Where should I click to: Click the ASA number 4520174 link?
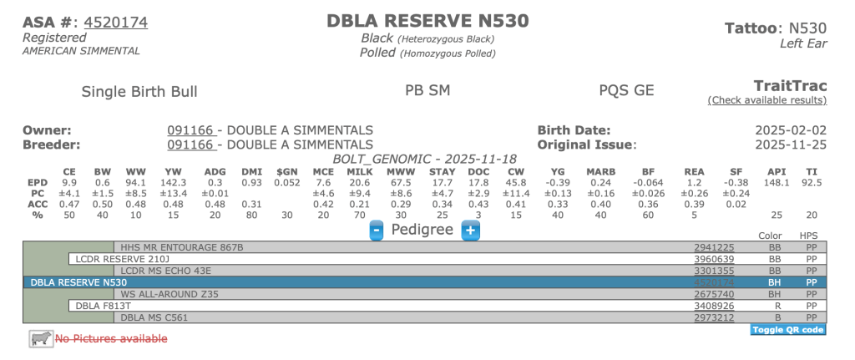116,22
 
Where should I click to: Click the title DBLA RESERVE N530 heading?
427,21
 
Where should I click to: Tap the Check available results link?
767,100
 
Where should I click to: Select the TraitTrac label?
790,85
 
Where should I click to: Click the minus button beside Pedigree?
377,230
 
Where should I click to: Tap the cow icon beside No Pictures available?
39,338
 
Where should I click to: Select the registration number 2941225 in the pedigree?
714,247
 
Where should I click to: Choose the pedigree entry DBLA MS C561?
155,317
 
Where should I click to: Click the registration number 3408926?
714,306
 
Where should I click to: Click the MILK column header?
358,171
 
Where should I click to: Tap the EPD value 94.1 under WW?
134,182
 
